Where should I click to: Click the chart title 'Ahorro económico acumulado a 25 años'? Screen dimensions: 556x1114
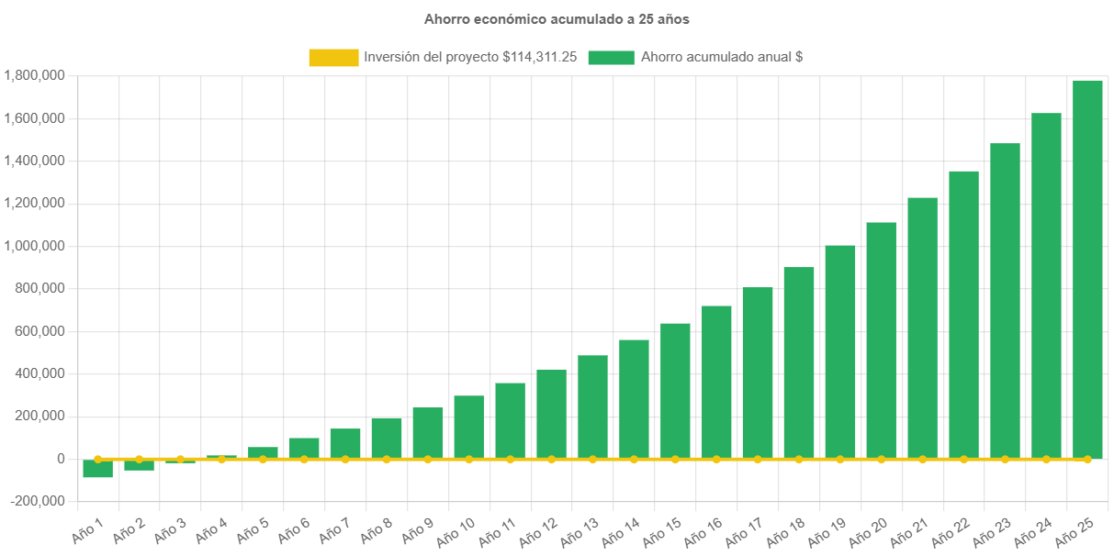pos(557,18)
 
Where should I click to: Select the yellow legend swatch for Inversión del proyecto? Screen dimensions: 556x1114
pos(333,58)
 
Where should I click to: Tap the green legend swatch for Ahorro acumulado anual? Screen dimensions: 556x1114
pos(611,58)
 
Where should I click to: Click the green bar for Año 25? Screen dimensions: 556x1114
pos(1087,266)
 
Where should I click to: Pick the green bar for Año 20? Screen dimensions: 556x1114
pos(881,339)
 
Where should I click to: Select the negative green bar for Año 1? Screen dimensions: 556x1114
pos(97,469)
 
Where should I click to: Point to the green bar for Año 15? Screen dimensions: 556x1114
pos(675,390)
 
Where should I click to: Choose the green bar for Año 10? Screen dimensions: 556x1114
pos(468,427)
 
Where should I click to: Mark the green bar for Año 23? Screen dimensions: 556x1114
pos(1005,298)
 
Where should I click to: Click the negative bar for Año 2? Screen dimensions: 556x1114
pos(139,465)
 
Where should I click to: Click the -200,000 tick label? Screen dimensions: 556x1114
pos(37,501)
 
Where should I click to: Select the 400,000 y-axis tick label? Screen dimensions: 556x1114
pos(37,373)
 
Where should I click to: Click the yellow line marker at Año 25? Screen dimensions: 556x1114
pos(1087,459)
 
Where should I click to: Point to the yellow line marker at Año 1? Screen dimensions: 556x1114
pos(97,459)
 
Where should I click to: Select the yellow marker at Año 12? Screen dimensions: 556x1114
pos(551,459)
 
